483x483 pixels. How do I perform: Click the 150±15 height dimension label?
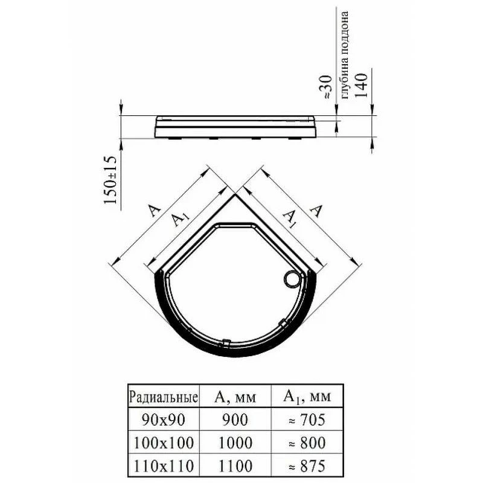coord(110,180)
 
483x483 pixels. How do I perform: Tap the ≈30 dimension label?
coord(327,87)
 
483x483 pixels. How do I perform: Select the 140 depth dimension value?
coord(361,85)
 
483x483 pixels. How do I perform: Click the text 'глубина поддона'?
coord(345,55)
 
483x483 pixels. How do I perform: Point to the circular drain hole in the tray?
coord(292,279)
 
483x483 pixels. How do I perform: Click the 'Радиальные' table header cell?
coord(163,397)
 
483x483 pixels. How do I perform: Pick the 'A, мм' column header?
coord(235,397)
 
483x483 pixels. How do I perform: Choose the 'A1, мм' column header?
coord(307,397)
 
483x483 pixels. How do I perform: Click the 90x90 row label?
coord(163,420)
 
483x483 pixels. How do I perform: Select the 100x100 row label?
coord(164,443)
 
